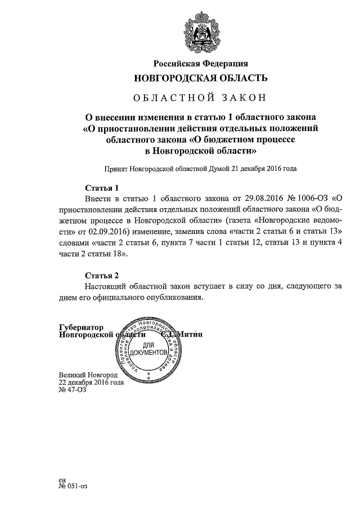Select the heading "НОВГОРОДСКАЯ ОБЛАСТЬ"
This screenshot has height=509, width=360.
(200, 78)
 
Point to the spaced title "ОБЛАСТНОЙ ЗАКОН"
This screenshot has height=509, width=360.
(200, 98)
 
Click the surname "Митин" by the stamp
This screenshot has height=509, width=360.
(191, 334)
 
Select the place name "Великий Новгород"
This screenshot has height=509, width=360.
(88, 375)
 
